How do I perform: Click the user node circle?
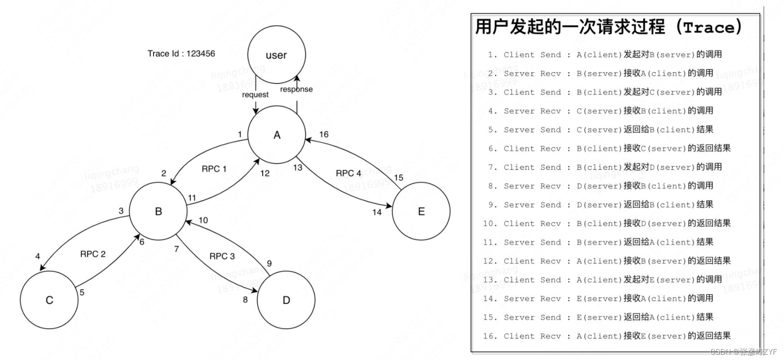[276, 55]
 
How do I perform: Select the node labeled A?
[277, 135]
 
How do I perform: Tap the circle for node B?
[158, 211]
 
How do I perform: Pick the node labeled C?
[49, 300]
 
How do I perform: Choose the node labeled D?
[286, 300]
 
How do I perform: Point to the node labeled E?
[421, 211]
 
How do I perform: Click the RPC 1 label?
[214, 169]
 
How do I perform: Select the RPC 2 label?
[92, 254]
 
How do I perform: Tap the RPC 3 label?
[222, 256]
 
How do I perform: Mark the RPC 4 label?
[348, 173]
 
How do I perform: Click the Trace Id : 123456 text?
[181, 53]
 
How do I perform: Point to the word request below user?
[255, 95]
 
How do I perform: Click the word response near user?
[296, 89]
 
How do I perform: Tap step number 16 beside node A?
[324, 134]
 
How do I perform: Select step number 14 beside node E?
[377, 212]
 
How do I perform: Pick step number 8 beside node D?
[245, 299]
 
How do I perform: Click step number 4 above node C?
[38, 256]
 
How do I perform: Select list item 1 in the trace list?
[604, 55]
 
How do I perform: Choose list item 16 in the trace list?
[607, 336]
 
